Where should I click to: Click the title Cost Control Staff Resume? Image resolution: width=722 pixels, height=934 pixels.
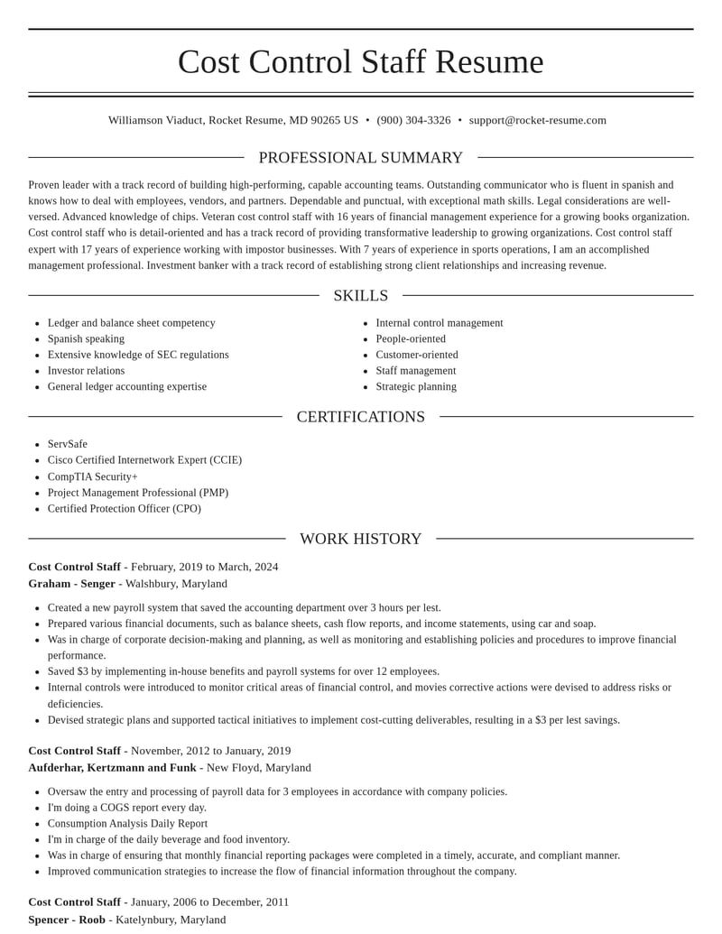pos(361,61)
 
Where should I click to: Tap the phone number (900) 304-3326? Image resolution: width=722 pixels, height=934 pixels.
pos(413,120)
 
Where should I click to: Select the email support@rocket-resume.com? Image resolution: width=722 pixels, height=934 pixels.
pos(537,120)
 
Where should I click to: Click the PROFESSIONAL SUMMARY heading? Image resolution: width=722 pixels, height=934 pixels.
pos(361,158)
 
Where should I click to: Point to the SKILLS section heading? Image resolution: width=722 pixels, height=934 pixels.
pos(361,296)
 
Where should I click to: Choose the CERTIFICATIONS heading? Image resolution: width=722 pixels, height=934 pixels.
pos(361,417)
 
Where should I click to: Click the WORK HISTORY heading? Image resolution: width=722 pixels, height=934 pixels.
pos(361,539)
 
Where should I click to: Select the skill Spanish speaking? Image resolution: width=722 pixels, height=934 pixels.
pos(86,338)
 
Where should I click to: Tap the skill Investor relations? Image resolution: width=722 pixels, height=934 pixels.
pos(86,371)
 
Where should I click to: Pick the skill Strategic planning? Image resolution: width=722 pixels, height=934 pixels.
pos(416,386)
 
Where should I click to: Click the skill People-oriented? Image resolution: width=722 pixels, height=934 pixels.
pos(411,338)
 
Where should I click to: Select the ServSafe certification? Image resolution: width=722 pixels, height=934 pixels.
pos(68,444)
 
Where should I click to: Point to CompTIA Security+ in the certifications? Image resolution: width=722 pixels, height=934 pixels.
pos(93,476)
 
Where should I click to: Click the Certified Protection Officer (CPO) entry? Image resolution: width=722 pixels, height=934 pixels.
pos(125,508)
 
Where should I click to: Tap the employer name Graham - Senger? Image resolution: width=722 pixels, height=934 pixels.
pos(71,584)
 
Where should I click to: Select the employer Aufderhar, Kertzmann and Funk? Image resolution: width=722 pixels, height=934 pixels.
pos(112,768)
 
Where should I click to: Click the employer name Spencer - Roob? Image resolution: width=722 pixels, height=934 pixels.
pos(67,920)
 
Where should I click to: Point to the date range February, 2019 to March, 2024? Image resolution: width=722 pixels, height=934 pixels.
pos(204,567)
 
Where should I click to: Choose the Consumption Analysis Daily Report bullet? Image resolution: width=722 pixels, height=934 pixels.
pos(127,823)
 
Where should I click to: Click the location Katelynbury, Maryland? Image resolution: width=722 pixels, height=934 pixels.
pos(171,920)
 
